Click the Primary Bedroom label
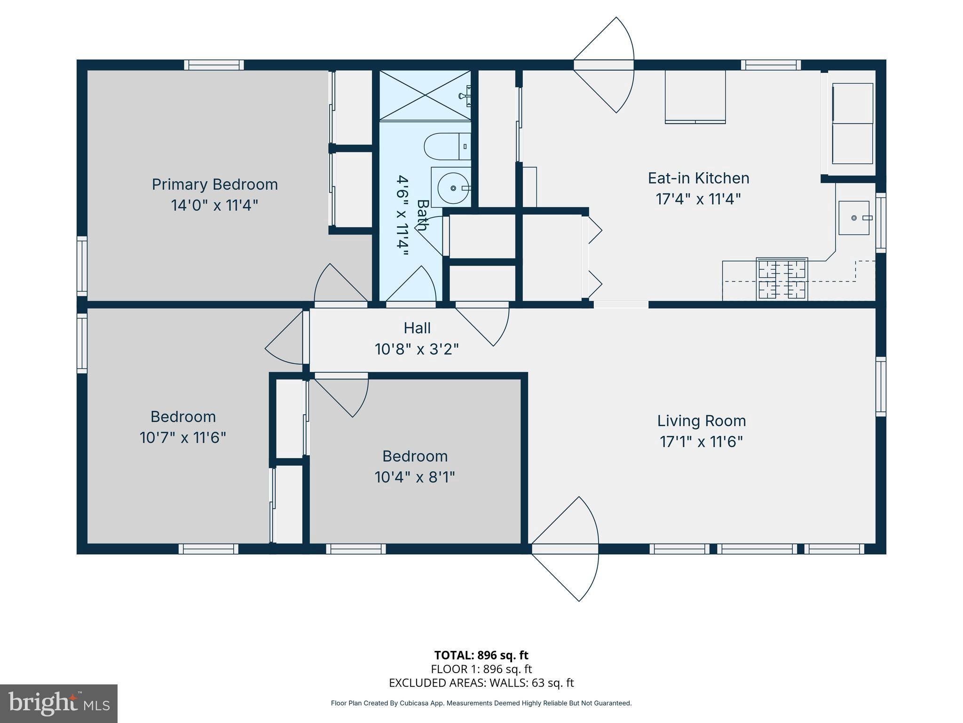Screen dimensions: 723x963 (x=214, y=184)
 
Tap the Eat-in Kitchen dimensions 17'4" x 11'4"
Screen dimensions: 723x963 (x=698, y=199)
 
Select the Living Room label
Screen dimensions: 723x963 (x=701, y=420)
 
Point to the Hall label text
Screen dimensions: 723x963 (x=417, y=328)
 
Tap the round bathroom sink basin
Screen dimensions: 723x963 (x=452, y=188)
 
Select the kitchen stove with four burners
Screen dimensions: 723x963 (x=781, y=279)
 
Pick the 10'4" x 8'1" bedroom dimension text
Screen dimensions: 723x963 (x=415, y=477)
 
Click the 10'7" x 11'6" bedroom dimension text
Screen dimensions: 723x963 (x=183, y=438)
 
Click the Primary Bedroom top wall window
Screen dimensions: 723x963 (x=213, y=65)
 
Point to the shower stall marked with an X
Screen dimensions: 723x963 (x=425, y=95)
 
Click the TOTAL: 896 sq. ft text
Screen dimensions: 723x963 (x=481, y=655)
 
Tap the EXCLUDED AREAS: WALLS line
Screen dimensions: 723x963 (x=481, y=683)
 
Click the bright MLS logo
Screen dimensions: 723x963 (x=59, y=704)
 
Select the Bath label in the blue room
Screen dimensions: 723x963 (x=423, y=215)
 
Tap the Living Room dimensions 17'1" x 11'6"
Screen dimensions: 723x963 (x=701, y=442)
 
